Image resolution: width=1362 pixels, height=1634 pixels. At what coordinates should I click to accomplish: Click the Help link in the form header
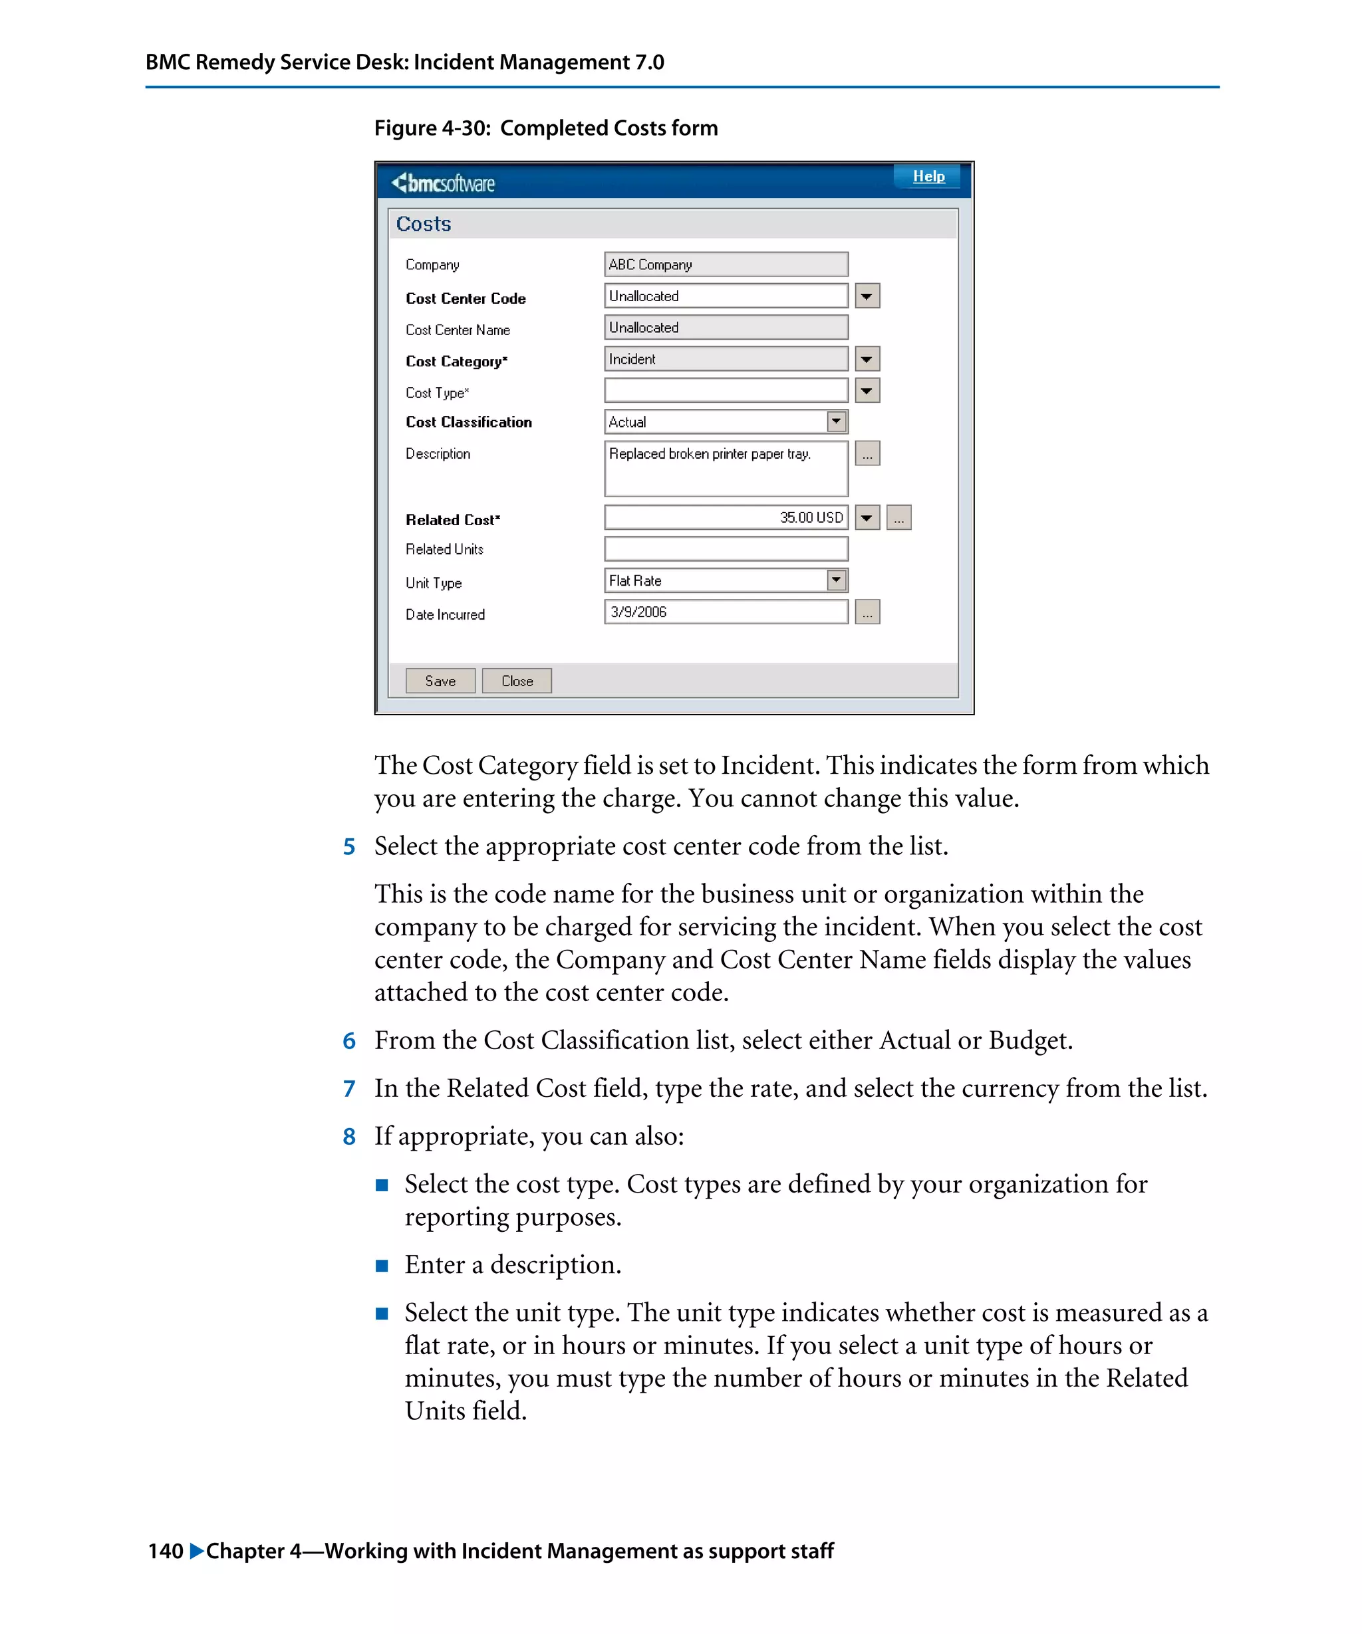(x=928, y=177)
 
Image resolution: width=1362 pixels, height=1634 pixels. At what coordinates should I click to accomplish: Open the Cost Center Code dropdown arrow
(x=867, y=296)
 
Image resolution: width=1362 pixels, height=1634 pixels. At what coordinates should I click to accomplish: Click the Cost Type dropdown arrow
(x=867, y=391)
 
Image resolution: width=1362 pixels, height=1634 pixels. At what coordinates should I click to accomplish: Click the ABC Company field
(x=726, y=265)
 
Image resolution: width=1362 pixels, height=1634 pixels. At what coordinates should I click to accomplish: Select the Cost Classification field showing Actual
(x=726, y=421)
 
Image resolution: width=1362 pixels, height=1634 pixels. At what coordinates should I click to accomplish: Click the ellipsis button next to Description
(x=867, y=453)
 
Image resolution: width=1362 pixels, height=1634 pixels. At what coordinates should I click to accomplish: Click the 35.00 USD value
(x=810, y=517)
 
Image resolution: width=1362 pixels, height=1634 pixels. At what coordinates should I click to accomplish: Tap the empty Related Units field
(x=726, y=549)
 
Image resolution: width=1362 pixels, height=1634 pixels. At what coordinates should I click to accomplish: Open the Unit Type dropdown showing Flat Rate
(x=835, y=580)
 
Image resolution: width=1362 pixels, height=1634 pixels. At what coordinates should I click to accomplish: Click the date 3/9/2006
(x=638, y=612)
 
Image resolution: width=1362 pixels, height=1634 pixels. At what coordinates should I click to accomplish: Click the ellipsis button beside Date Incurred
(x=867, y=612)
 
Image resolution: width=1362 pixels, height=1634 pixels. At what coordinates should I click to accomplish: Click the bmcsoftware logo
(x=444, y=183)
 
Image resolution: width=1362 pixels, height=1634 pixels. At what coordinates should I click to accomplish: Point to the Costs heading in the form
(x=424, y=224)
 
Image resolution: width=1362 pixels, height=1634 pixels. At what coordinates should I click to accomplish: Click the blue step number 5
(x=349, y=846)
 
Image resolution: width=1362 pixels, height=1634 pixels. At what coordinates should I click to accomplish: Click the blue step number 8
(x=349, y=1137)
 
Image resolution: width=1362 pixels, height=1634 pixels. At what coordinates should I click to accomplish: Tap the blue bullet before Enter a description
(x=381, y=1266)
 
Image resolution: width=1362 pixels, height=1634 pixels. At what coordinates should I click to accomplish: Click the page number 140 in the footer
(x=166, y=1551)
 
